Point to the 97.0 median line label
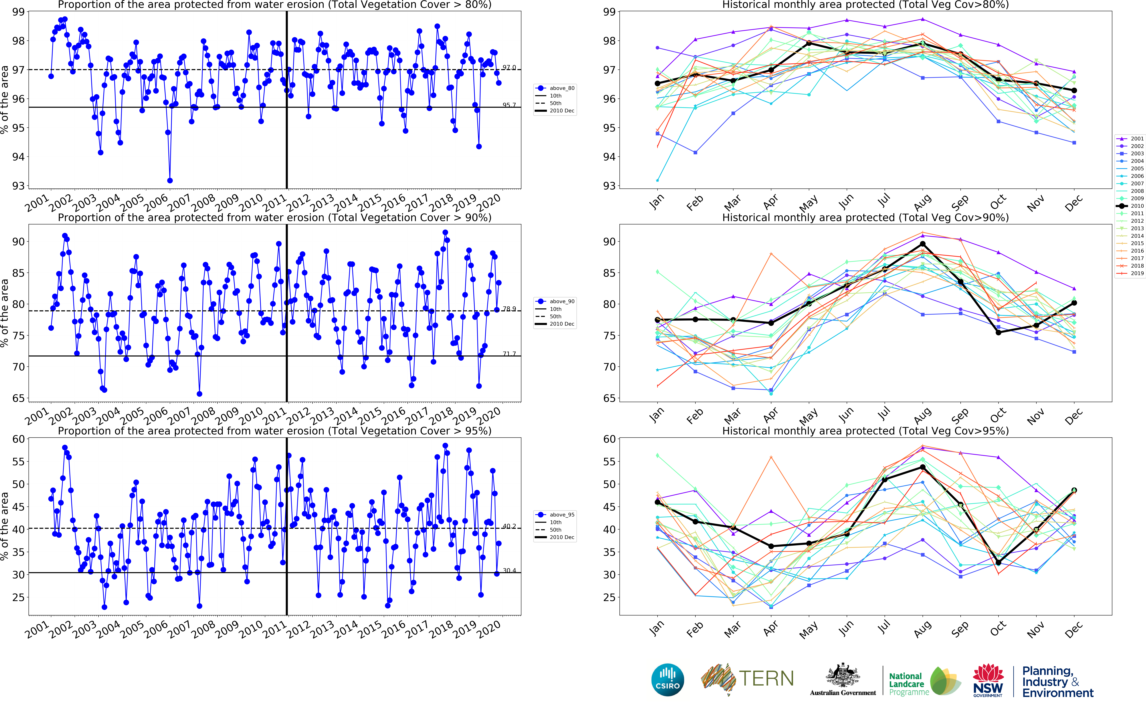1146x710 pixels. (x=509, y=68)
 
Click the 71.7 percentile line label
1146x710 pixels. (x=509, y=354)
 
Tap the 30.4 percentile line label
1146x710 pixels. (x=509, y=571)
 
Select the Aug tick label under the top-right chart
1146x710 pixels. (x=923, y=202)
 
